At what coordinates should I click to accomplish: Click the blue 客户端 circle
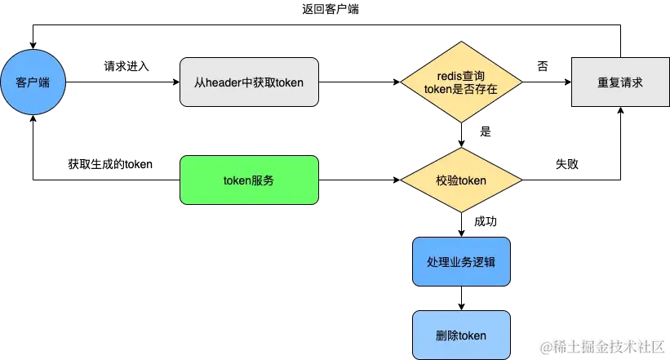point(33,82)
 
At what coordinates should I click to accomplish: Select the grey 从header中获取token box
point(249,82)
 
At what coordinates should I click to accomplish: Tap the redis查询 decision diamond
point(461,82)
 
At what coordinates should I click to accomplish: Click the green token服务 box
point(249,180)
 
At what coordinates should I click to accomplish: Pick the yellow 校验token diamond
point(461,180)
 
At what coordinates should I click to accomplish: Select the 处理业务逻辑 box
point(461,262)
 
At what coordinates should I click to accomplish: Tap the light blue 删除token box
point(461,336)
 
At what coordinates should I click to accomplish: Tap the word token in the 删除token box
point(472,336)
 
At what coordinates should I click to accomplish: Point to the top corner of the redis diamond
point(461,42)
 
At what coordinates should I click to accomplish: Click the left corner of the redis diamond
point(401,82)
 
